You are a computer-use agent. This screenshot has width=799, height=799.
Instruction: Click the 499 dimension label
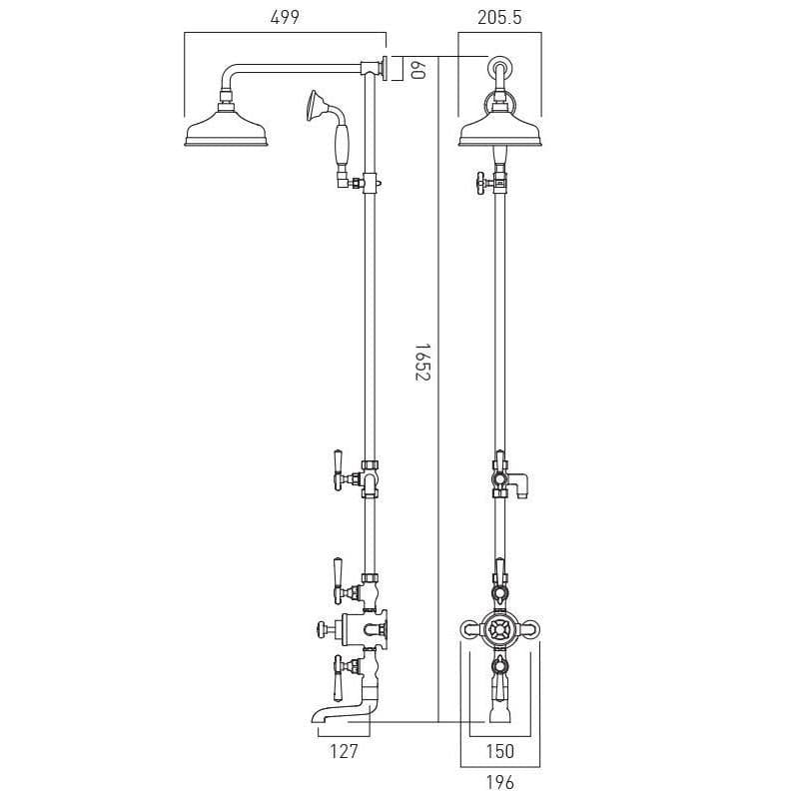[284, 17]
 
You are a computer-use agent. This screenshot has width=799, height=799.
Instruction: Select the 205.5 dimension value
[499, 17]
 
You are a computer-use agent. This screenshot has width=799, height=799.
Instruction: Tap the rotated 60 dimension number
[419, 69]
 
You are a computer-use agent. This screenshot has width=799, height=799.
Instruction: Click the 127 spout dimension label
[343, 751]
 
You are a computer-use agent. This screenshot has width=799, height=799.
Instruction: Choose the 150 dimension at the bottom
[499, 751]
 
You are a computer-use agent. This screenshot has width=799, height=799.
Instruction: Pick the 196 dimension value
[499, 783]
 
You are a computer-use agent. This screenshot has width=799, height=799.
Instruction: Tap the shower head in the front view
[499, 130]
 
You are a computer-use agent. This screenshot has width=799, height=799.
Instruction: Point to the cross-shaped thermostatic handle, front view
[499, 629]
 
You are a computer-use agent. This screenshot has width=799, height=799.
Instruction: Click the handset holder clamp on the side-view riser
[370, 183]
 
